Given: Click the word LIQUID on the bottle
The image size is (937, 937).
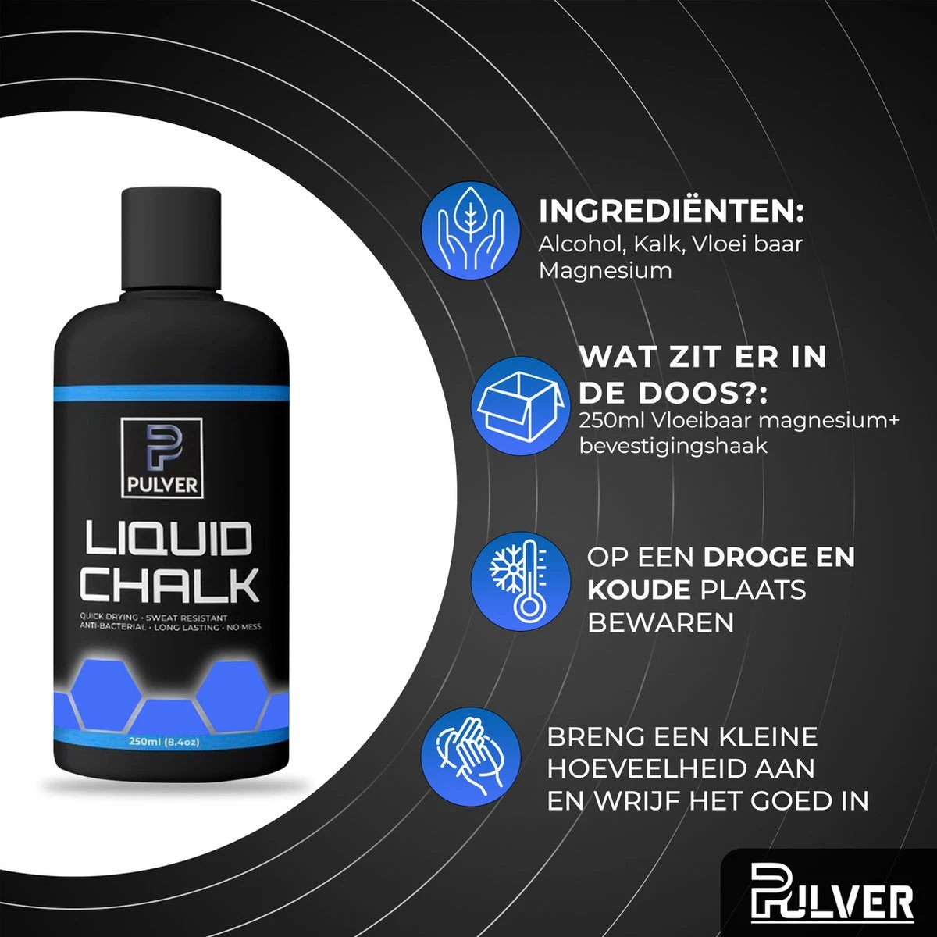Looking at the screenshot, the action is tap(169, 540).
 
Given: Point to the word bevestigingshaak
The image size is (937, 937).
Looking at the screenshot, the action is tap(673, 447).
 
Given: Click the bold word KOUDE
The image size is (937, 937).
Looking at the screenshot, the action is tap(640, 590).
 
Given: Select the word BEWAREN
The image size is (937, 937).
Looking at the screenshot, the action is tap(661, 622).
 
